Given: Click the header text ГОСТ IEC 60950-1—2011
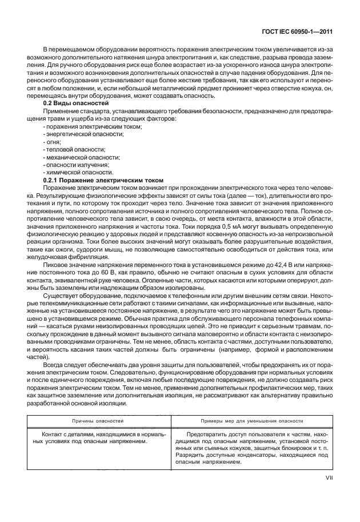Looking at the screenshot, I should (303, 31).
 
